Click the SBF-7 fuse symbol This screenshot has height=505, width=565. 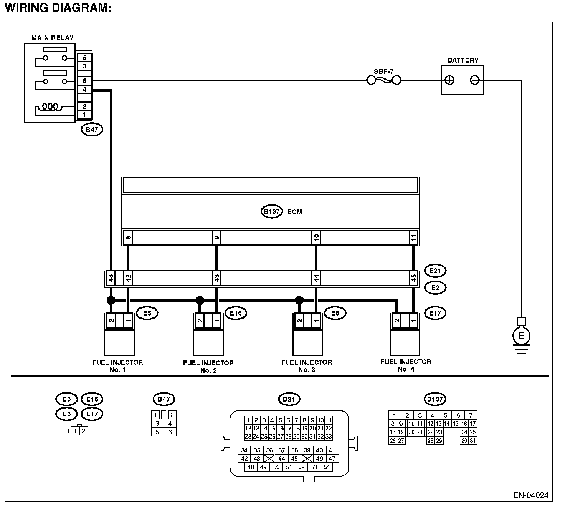coord(384,80)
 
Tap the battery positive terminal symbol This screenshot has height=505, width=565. coord(449,80)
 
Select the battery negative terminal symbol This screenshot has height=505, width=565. coord(475,80)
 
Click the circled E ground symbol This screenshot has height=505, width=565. coord(521,336)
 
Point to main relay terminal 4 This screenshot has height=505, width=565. coord(84,90)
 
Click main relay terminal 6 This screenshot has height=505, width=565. coord(84,81)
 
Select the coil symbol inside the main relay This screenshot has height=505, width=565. coord(50,106)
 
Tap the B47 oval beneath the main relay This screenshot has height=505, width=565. coord(92,130)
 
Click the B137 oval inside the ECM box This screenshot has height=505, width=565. coord(272,212)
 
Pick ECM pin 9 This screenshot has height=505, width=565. coord(217,238)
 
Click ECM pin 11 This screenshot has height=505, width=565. coord(414,238)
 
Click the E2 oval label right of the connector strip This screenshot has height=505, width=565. coord(435,287)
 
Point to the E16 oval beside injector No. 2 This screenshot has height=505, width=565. coord(236,313)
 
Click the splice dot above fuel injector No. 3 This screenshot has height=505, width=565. coord(299,300)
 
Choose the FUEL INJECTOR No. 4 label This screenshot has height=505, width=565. coord(406,365)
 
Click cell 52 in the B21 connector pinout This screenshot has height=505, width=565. coord(301,467)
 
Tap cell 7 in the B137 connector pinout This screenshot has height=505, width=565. coord(471,415)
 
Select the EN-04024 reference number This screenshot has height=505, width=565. coord(530,495)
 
